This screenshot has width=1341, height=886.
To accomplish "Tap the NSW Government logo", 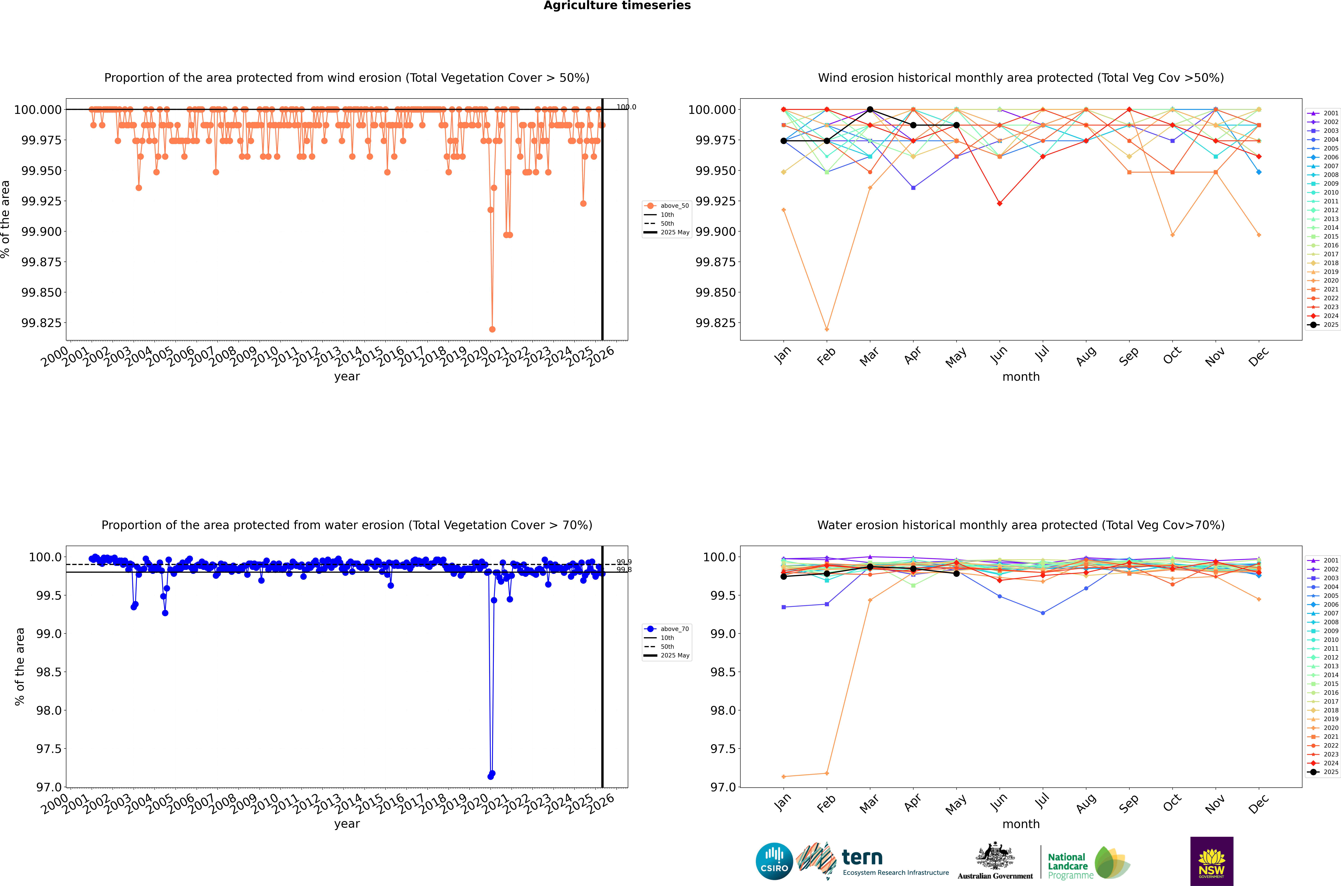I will click(1212, 861).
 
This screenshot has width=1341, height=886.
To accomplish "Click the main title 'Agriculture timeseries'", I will click(617, 6).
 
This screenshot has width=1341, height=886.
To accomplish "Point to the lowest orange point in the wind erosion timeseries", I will click(492, 329).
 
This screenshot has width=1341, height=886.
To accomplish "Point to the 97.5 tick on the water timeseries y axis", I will click(49, 749).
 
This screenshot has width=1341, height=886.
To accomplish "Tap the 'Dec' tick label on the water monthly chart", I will click(1259, 804).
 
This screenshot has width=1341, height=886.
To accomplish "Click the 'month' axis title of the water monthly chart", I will click(1021, 824).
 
